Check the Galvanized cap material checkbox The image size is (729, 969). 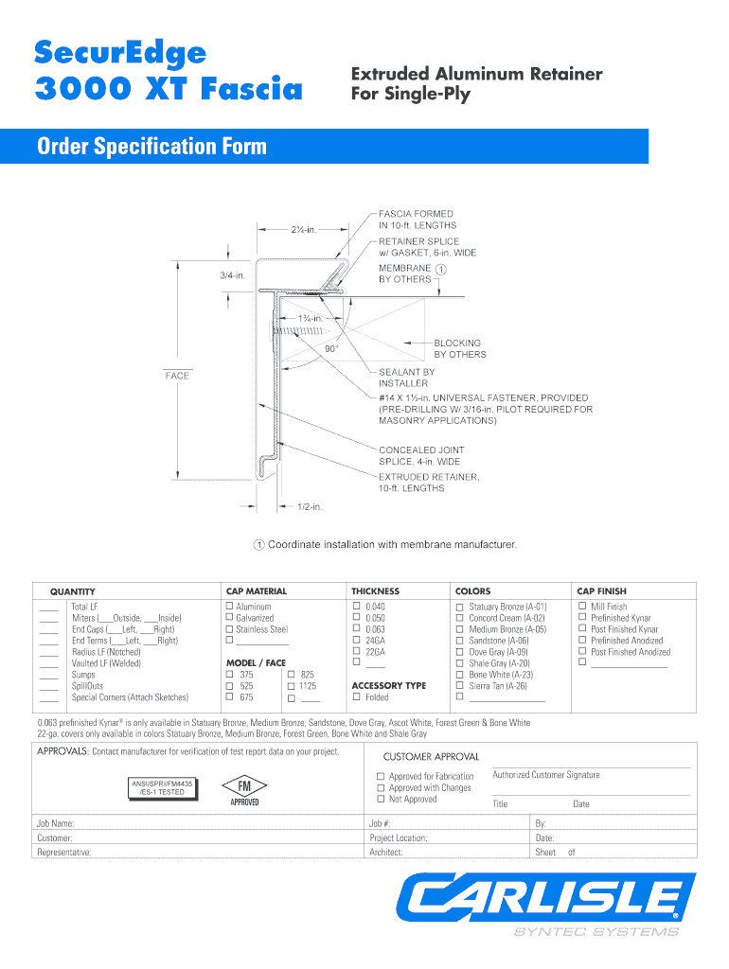[x=229, y=618]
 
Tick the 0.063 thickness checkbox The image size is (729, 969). [x=357, y=629]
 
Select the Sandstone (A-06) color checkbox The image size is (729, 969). [x=459, y=641]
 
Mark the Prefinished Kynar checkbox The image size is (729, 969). [x=581, y=618]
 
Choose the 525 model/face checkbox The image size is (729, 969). [x=230, y=686]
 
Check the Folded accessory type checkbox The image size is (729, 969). [x=357, y=697]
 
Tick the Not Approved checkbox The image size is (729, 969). [x=381, y=800]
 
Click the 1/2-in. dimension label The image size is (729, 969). [x=311, y=507]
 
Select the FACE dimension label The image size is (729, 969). [x=177, y=376]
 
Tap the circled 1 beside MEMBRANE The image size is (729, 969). [x=441, y=268]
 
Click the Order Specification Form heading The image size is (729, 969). [x=151, y=147]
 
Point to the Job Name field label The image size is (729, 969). [x=56, y=824]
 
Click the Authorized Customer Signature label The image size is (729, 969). [x=546, y=775]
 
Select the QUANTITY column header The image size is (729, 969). [x=72, y=591]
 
